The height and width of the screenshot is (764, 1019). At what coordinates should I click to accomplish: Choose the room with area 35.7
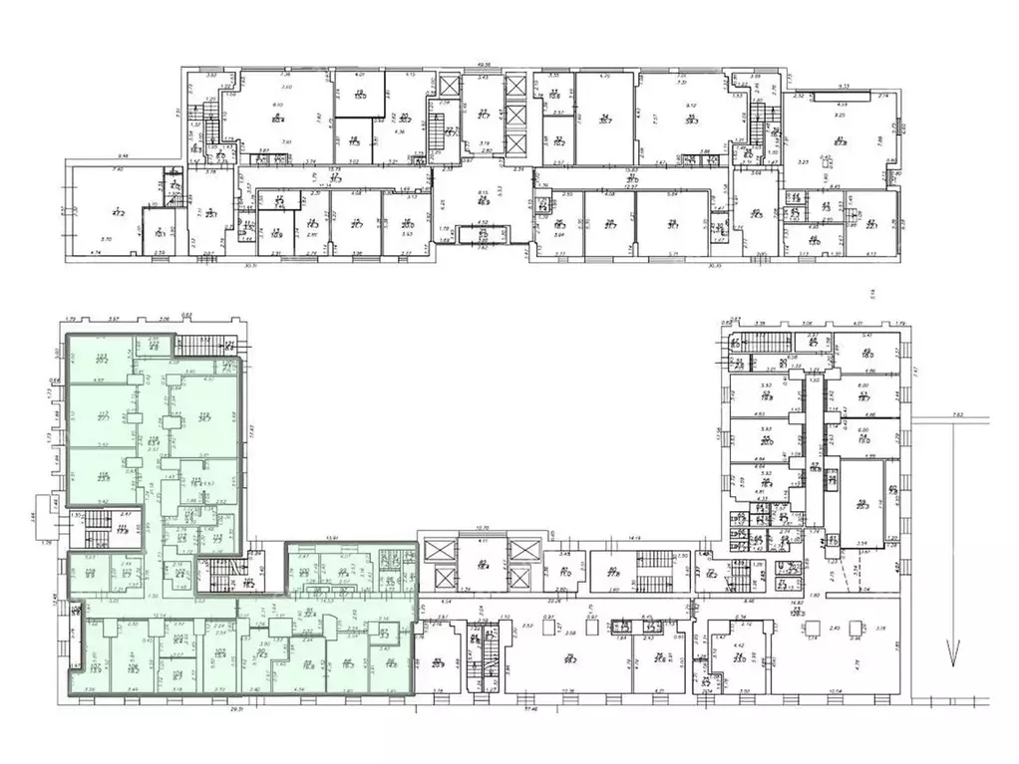click(x=604, y=120)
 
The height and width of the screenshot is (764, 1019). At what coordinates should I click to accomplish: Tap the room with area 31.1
click(x=672, y=225)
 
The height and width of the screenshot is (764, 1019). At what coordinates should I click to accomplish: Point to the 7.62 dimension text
click(x=957, y=415)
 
